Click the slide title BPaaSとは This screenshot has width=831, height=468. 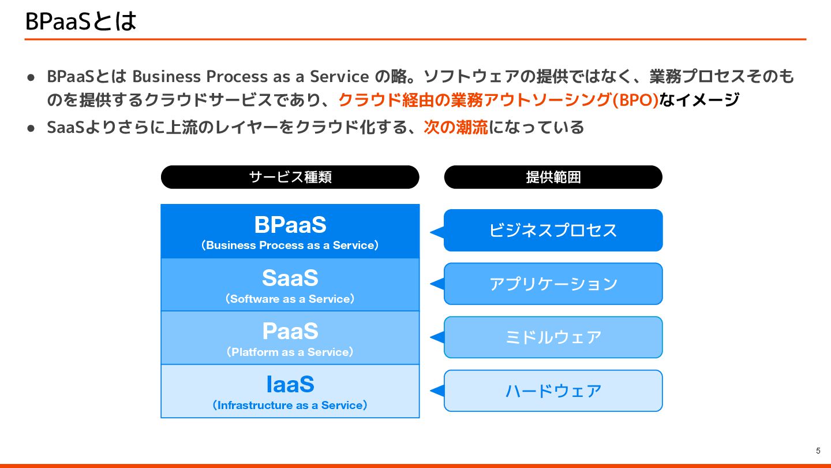click(81, 21)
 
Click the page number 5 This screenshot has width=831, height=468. click(818, 451)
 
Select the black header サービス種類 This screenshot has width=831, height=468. click(290, 177)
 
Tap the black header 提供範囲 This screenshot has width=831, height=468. click(553, 177)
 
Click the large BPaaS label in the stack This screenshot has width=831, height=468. click(290, 224)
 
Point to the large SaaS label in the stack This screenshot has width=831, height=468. click(290, 278)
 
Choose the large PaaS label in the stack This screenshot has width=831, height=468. click(290, 331)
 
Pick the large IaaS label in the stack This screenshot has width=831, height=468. click(290, 384)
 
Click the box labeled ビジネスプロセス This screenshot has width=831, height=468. click(553, 230)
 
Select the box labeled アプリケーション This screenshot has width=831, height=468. click(553, 284)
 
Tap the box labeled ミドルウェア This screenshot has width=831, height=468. click(553, 337)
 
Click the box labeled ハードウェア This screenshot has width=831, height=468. click(553, 391)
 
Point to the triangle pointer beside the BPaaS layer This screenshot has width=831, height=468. click(437, 232)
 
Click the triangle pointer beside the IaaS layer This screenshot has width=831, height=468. click(437, 391)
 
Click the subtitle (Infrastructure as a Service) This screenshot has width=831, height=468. click(290, 406)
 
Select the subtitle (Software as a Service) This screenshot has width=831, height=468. click(290, 299)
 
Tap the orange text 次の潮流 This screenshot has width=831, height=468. click(455, 127)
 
